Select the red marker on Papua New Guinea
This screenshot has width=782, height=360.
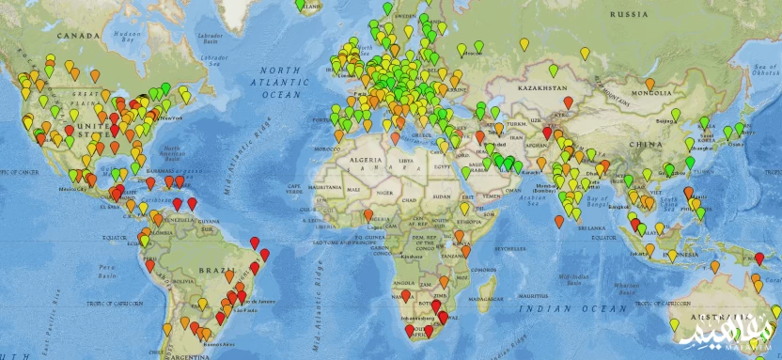tap(759, 258)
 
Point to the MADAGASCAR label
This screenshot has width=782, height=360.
tap(488, 298)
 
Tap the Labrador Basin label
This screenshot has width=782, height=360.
tap(218, 39)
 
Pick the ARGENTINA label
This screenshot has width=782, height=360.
tap(187, 357)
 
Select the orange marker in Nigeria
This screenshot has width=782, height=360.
tap(369, 214)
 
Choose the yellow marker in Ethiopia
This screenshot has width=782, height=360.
tap(463, 207)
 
